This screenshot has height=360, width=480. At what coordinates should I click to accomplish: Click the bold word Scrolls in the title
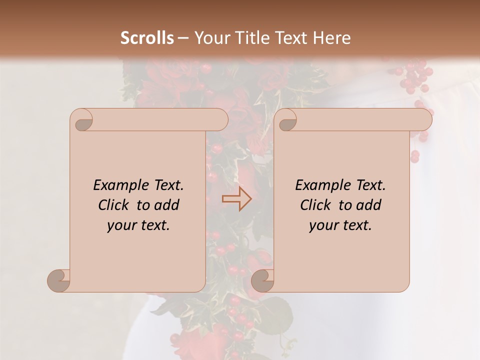[147, 38]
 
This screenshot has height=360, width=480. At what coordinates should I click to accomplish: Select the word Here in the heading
[332, 38]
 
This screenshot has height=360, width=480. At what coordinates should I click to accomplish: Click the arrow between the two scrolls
[236, 199]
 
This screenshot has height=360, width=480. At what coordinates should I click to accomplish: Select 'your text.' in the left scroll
[138, 225]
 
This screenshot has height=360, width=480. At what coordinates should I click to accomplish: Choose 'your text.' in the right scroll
[340, 225]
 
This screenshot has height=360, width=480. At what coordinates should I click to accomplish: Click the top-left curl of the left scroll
[82, 120]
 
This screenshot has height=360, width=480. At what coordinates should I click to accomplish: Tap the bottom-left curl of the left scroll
[59, 280]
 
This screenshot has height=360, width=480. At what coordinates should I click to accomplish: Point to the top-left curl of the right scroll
[286, 120]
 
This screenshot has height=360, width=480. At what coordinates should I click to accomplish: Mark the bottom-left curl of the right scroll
[262, 280]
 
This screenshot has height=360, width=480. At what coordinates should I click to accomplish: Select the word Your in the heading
[210, 38]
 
